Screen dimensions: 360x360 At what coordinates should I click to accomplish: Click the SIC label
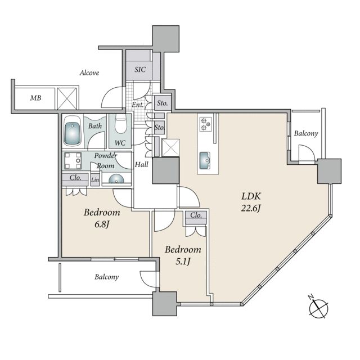pyautogui.click(x=140, y=69)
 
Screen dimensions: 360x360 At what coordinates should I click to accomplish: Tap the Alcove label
pyautogui.click(x=89, y=73)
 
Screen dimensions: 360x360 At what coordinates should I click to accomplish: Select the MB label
pyautogui.click(x=35, y=98)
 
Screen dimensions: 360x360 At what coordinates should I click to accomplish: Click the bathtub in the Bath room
pyautogui.click(x=72, y=130)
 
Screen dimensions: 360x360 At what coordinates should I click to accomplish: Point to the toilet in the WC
pyautogui.click(x=120, y=124)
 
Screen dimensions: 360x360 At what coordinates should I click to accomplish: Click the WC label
pyautogui.click(x=120, y=143)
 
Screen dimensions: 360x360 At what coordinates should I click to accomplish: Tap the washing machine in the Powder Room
pyautogui.click(x=73, y=160)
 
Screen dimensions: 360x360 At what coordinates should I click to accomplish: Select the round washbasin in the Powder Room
pyautogui.click(x=116, y=179)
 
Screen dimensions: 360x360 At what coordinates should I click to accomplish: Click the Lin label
pyautogui.click(x=95, y=180)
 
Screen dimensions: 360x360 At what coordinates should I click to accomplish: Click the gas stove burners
pyautogui.click(x=205, y=124)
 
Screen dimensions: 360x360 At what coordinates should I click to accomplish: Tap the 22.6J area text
pyautogui.click(x=251, y=209)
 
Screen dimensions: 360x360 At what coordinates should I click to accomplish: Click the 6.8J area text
pyautogui.click(x=101, y=224)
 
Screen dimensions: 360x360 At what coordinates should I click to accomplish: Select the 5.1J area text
pyautogui.click(x=183, y=262)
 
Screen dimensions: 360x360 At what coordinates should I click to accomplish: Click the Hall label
pyautogui.click(x=141, y=164)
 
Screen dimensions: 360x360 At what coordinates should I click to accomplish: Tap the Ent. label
pyautogui.click(x=137, y=105)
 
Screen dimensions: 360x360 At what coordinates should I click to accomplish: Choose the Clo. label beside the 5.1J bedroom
pyautogui.click(x=196, y=215)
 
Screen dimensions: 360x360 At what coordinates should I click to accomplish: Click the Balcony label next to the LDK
pyautogui.click(x=306, y=133)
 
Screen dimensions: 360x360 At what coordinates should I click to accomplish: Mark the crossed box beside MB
pyautogui.click(x=66, y=98)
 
